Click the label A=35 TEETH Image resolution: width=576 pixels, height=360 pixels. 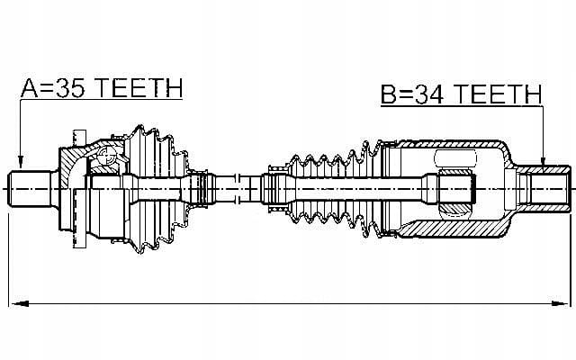(x=102, y=88)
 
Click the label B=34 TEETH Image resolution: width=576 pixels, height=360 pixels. (x=461, y=94)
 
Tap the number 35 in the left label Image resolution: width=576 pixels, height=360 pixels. (x=69, y=88)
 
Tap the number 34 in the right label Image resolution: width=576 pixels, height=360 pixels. (x=428, y=94)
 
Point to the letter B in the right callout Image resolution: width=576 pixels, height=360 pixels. (x=389, y=94)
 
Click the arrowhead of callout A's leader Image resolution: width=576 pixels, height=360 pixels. (x=21, y=162)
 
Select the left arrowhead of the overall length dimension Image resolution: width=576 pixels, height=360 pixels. (x=19, y=304)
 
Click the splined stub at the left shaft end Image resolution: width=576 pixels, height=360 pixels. (x=30, y=189)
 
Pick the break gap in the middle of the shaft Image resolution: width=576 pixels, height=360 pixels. (x=238, y=189)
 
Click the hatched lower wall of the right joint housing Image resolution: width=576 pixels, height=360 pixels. (x=454, y=228)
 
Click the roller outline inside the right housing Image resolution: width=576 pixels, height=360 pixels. (x=454, y=158)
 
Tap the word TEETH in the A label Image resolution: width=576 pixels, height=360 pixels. (x=139, y=88)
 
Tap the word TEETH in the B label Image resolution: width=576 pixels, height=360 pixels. (x=498, y=94)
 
